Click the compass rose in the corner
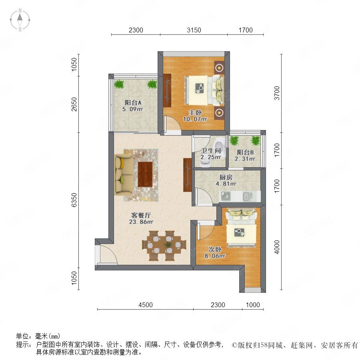[20, 20]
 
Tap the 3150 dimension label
[194, 30]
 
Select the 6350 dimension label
[74, 200]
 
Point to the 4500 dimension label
[146, 305]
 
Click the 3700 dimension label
[277, 93]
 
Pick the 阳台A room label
[133, 102]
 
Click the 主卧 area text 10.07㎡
[195, 119]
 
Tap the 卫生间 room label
[211, 151]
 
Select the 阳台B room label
[245, 152]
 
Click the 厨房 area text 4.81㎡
[226, 184]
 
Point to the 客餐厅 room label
[141, 215]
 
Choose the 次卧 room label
[215, 249]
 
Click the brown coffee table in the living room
[145, 174]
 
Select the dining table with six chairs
[164, 246]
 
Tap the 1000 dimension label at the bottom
[253, 305]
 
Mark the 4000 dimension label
[277, 247]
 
